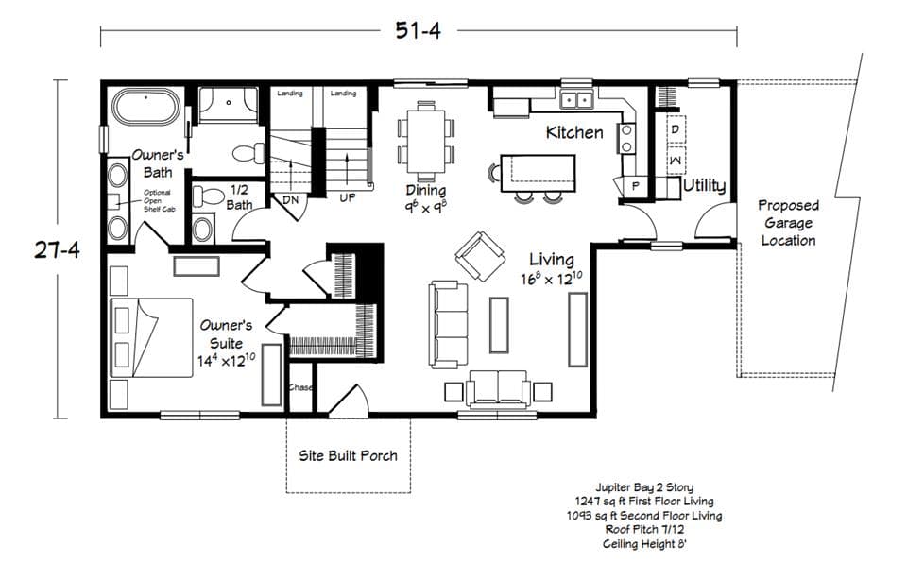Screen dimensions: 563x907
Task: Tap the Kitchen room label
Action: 574,132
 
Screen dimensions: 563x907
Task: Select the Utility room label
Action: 705,185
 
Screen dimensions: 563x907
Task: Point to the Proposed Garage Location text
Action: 788,223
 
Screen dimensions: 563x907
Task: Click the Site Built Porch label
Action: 349,455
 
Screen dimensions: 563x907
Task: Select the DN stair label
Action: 291,200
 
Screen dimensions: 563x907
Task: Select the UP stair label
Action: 348,199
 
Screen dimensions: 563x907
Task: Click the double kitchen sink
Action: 575,98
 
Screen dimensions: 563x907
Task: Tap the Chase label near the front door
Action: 301,388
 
